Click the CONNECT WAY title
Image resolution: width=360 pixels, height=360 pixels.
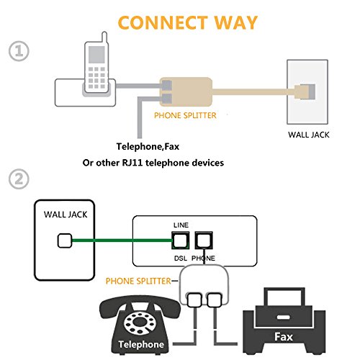[186, 22]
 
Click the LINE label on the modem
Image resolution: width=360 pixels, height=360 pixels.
[181, 225]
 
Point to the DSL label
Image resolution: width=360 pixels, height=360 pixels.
[181, 257]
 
